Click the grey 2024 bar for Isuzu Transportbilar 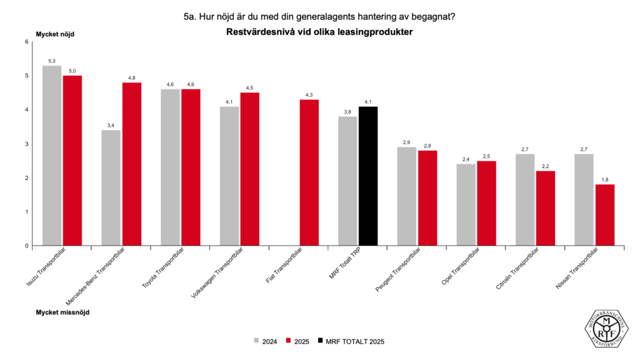[x=52, y=156]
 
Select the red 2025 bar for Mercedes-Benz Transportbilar [x=132, y=164]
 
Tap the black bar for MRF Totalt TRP [x=368, y=176]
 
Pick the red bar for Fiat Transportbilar [x=309, y=172]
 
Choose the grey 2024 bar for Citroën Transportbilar [x=525, y=199]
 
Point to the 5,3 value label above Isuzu [x=52, y=61]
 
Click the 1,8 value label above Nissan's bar [x=604, y=180]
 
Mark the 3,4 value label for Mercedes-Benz [x=111, y=126]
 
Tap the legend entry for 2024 [x=265, y=341]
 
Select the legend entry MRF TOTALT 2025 [x=354, y=341]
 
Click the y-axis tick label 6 [x=27, y=42]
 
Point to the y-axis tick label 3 [x=27, y=144]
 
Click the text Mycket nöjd [x=55, y=34]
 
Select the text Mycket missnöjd [x=62, y=311]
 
